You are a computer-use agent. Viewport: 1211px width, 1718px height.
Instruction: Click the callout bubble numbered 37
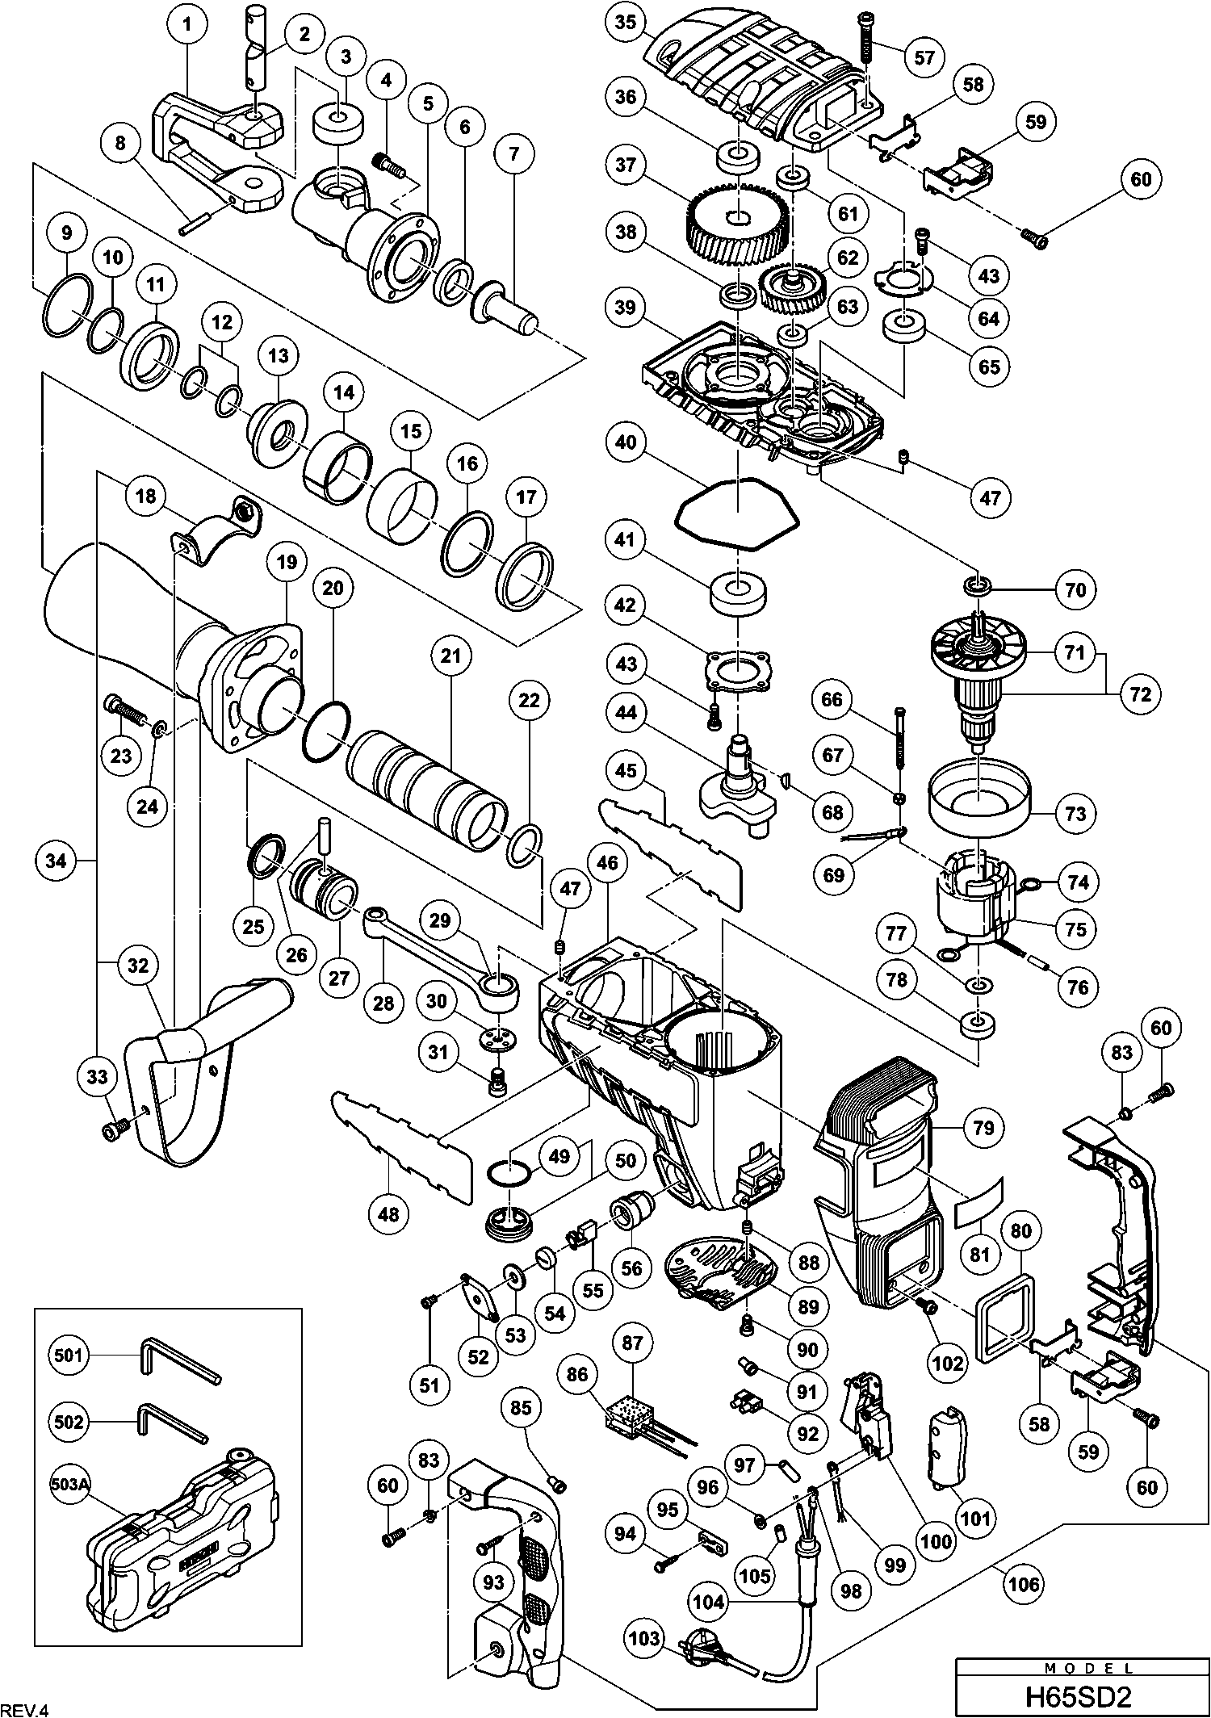pos(625,166)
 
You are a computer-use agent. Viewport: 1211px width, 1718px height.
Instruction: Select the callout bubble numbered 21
pos(450,656)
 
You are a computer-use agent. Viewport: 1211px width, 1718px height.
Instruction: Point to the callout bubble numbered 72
pos(1139,693)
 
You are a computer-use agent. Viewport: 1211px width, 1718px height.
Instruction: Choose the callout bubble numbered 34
pos(56,862)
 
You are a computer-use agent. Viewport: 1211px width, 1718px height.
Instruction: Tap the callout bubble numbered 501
pos(68,1355)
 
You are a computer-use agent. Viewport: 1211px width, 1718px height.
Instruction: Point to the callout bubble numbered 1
pos(187,24)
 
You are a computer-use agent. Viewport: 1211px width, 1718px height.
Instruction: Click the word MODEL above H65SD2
pos(1082,1666)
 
